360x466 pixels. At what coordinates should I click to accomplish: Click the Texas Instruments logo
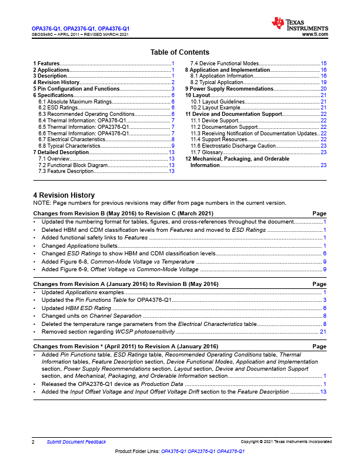(299, 25)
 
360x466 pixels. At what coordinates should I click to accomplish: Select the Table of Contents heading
(179, 52)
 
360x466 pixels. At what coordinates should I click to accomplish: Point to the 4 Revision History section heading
(64, 195)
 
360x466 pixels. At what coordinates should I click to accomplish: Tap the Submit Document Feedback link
(76, 442)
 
